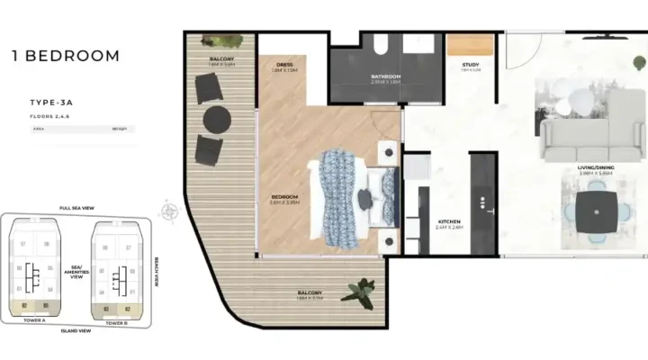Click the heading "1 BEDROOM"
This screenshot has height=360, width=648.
click(x=65, y=56)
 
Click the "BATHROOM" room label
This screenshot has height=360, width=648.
click(x=385, y=76)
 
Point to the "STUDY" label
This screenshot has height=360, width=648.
click(x=471, y=65)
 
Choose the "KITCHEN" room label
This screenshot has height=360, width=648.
click(x=450, y=222)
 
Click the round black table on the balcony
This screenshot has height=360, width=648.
click(x=217, y=119)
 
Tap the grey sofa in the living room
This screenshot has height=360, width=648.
click(x=585, y=139)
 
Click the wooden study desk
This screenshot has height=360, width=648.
click(x=471, y=45)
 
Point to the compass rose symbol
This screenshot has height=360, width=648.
click(x=168, y=212)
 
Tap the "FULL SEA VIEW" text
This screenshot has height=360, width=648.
click(x=77, y=207)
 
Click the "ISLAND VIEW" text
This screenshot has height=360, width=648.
click(x=76, y=331)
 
